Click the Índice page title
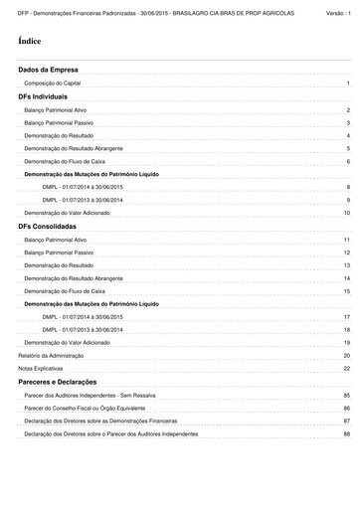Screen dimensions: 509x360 pos(29,42)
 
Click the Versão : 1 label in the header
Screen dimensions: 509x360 pos(339,9)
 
